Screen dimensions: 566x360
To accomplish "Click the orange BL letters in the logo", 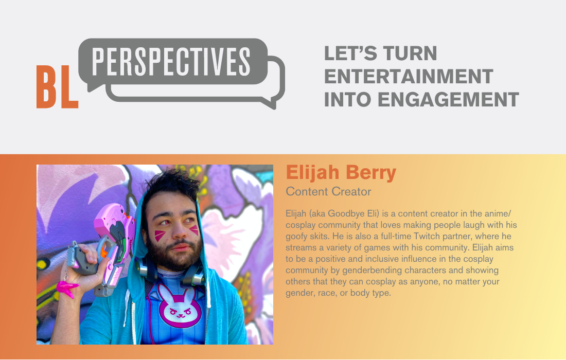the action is tap(57, 86).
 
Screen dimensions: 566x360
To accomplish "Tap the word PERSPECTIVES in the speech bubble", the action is tap(171, 62).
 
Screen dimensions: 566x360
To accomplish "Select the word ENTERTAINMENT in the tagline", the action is tap(409, 77).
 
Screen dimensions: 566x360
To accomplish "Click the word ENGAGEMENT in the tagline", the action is tap(448, 100).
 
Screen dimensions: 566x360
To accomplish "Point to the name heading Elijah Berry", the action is tap(341, 172).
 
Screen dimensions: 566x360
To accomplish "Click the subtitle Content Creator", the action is tap(328, 191).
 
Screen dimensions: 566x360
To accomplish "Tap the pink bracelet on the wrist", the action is tap(66, 289).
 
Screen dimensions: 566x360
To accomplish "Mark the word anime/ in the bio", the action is tap(498, 213).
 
